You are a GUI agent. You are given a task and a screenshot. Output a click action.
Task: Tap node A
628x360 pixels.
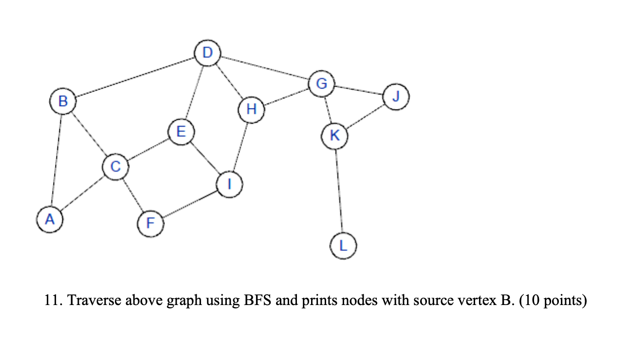[x=50, y=220]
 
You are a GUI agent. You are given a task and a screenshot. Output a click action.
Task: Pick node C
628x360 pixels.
[x=115, y=167]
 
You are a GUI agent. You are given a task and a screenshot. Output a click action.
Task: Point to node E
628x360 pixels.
[x=181, y=132]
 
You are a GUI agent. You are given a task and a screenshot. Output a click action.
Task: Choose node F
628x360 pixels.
[x=150, y=224]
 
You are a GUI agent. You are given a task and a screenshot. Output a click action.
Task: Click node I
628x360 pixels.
[x=229, y=184]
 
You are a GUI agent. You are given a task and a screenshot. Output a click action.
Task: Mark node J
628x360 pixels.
[x=396, y=97]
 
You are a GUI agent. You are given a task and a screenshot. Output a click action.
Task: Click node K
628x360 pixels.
[x=334, y=136]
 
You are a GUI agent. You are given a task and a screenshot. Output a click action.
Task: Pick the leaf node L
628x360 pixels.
[x=344, y=245]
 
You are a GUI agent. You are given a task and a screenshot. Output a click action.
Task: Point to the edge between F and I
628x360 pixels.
[x=190, y=204]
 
